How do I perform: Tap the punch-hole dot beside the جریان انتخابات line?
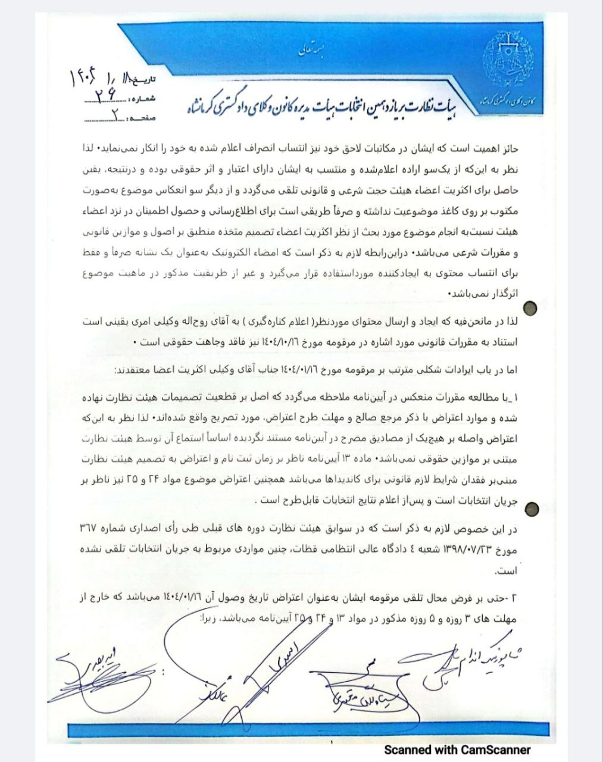tap(533, 507)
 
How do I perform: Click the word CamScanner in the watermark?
tap(493, 749)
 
